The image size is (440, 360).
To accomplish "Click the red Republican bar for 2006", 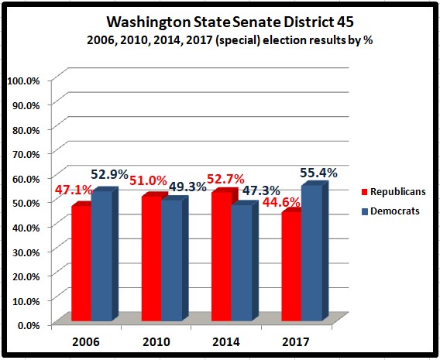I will click(81, 263).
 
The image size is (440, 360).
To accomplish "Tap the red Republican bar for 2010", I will click(150, 259).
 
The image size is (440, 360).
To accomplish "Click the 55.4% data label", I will click(319, 173).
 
